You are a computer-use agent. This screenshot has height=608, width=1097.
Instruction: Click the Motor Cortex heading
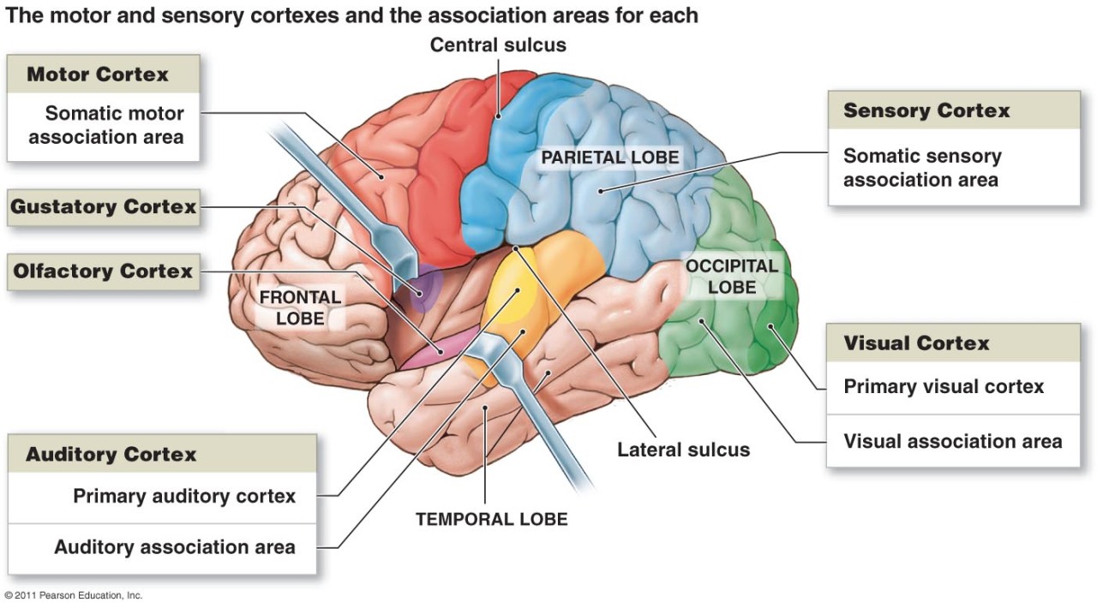98,75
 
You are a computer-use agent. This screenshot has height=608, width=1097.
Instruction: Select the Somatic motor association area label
106,125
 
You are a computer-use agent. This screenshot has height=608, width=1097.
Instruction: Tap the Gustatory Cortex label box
104,206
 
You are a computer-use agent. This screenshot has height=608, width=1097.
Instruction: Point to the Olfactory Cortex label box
103,271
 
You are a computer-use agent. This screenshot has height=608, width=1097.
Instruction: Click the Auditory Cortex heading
111,454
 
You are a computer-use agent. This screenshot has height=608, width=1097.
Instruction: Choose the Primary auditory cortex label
183,496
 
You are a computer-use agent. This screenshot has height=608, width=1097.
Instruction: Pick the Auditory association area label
175,546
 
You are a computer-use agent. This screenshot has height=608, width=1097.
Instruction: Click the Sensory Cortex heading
926,110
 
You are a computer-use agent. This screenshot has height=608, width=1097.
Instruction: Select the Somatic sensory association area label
922,168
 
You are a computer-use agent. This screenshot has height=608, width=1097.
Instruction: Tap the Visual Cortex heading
916,343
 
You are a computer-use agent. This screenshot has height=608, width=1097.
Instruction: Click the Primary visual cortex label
944,386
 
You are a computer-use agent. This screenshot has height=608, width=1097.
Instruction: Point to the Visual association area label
952,441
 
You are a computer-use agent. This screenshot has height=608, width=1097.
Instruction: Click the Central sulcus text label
498,45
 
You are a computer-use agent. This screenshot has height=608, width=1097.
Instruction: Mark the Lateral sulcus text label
683,450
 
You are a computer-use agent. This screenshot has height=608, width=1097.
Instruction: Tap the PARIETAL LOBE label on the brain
609,158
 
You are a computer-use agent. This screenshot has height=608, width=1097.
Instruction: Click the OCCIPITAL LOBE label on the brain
732,277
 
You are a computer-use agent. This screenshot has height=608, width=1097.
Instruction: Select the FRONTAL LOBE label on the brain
300,308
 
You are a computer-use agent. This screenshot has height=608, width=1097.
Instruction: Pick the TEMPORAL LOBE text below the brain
491,519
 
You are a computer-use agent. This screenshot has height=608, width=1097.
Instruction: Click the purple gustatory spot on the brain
421,289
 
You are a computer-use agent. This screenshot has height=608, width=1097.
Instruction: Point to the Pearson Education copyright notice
73,595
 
